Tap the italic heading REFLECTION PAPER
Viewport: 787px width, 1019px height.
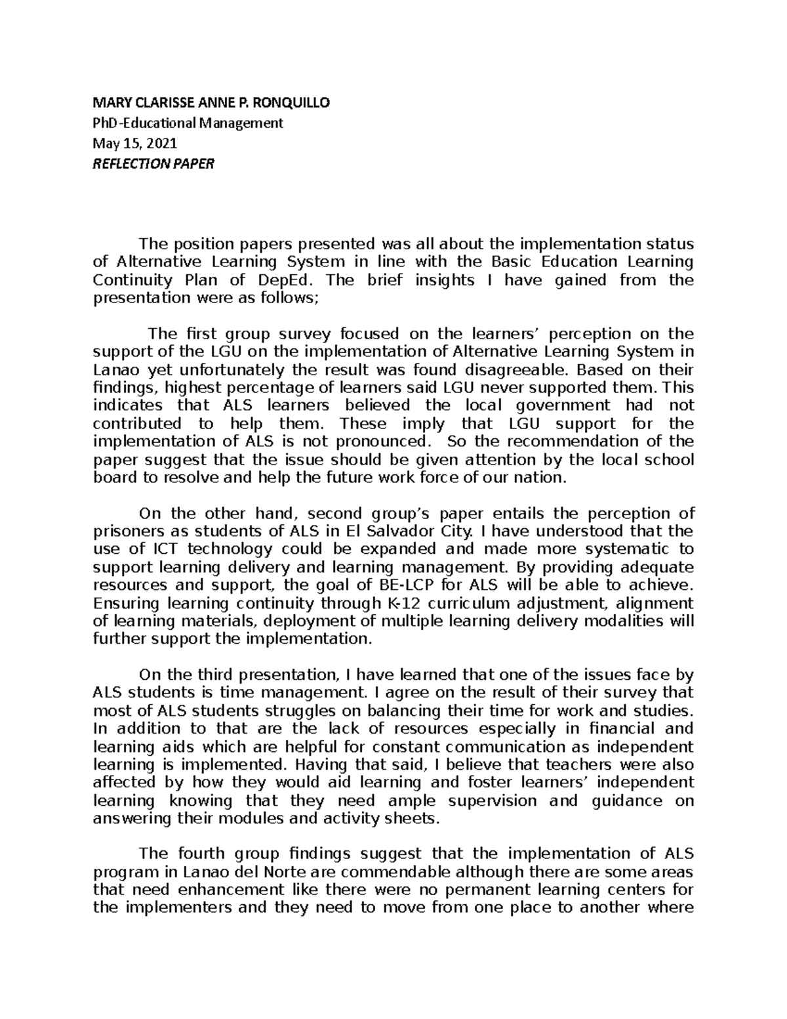[x=153, y=163]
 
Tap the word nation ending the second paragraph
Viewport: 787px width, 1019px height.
[x=541, y=478]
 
